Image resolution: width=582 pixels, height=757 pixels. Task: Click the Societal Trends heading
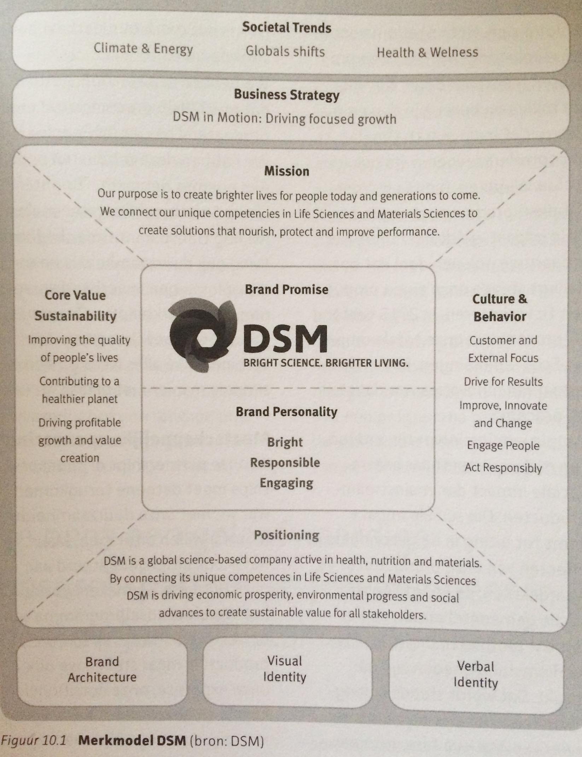[x=287, y=27]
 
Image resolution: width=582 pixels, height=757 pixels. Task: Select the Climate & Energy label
[x=143, y=48]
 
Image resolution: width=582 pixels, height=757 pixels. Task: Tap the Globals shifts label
[x=285, y=51]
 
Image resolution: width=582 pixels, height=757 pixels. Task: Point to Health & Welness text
[x=427, y=52]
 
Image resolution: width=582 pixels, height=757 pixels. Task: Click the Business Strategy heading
[x=287, y=95]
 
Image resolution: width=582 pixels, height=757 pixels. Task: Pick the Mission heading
[x=287, y=171]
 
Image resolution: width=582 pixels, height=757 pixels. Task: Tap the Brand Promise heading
[x=287, y=289]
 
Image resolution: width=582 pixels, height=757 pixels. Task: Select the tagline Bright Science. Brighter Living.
[x=326, y=363]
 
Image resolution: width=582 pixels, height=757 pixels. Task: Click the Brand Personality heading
[x=287, y=412]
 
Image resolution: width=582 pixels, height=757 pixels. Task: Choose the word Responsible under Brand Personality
[x=285, y=463]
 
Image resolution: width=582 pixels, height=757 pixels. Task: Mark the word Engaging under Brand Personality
[x=286, y=483]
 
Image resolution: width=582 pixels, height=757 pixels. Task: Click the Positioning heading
[x=287, y=535]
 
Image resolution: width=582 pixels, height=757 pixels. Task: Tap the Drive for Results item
[x=503, y=382]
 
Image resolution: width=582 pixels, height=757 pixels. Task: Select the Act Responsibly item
[x=503, y=468]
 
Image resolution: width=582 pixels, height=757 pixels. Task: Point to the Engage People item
[x=503, y=446]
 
